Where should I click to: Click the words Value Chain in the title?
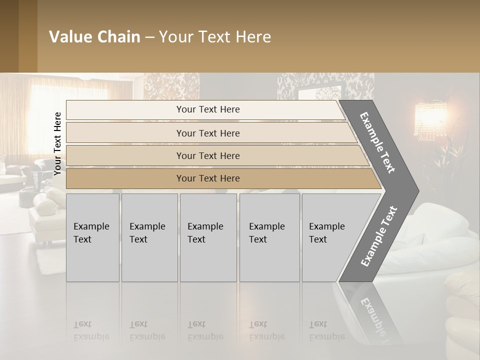point(94,37)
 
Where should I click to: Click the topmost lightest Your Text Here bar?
point(207,109)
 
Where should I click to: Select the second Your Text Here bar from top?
point(207,133)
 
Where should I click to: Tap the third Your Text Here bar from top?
point(207,155)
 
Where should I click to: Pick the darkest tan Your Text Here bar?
point(207,178)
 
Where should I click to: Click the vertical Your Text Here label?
point(57,143)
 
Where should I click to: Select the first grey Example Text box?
point(92,237)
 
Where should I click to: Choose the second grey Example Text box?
point(149,237)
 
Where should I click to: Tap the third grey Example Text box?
point(208,237)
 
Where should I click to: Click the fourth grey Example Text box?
point(269,237)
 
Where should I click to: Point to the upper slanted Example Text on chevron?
point(377,142)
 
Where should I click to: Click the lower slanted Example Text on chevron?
point(379,236)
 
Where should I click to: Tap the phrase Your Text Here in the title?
point(215,37)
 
